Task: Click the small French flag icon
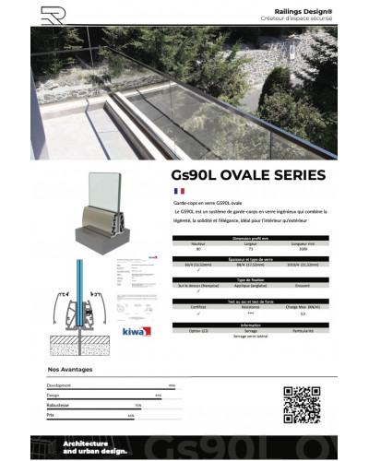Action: tap(179, 191)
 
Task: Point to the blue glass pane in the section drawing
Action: tap(80, 304)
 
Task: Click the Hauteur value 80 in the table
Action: tap(197, 249)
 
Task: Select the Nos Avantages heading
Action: tap(69, 370)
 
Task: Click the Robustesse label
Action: tap(57, 404)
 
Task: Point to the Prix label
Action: tap(51, 414)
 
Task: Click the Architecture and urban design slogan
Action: tap(92, 446)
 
